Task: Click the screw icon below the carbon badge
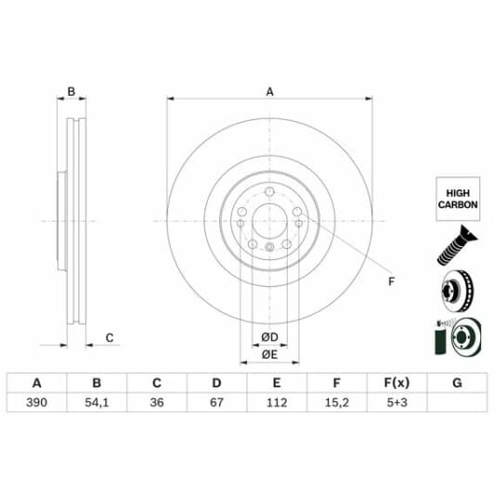454,246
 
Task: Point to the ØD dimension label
269,336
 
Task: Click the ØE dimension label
269,355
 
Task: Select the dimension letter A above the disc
270,92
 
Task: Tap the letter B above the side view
71,92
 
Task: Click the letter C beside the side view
109,337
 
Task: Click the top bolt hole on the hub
269,193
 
